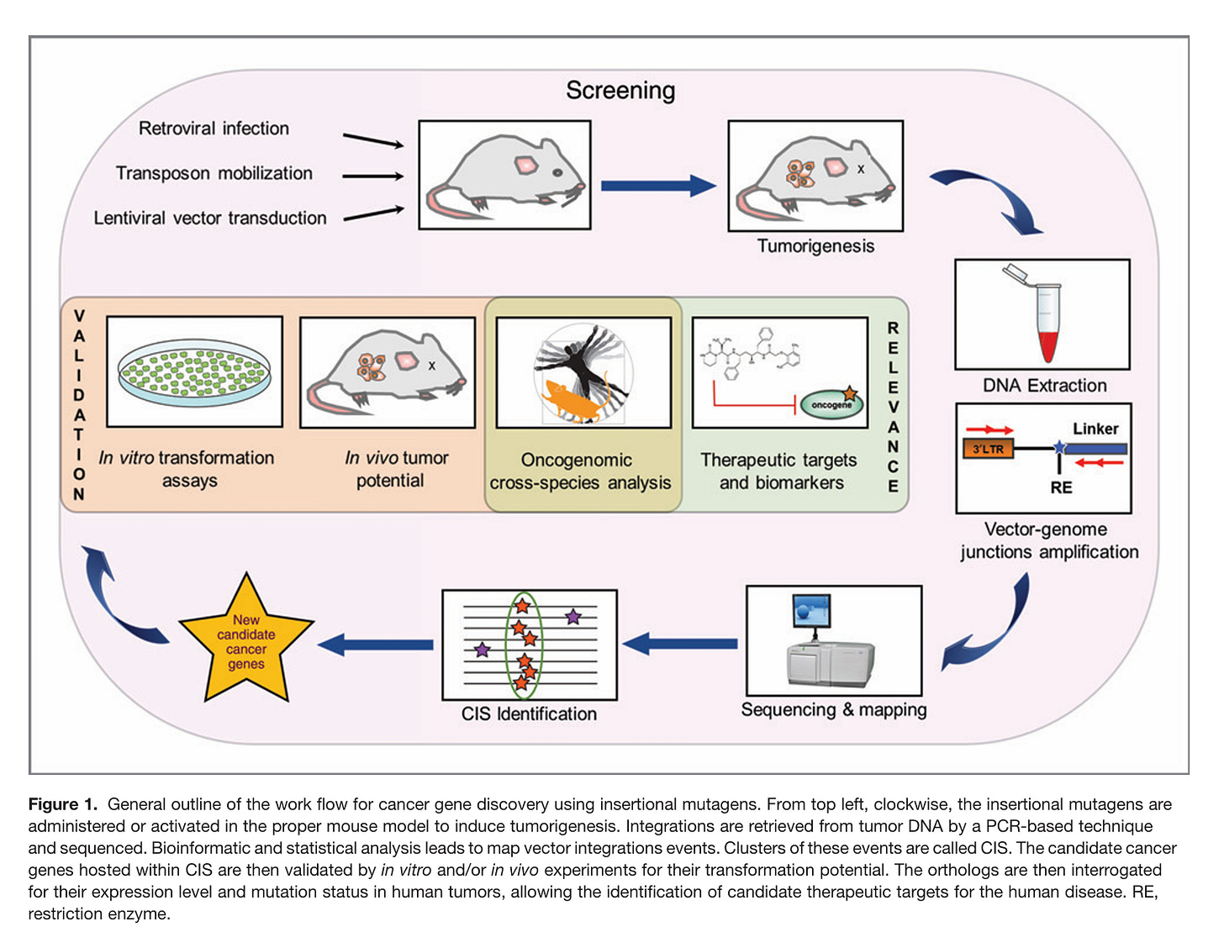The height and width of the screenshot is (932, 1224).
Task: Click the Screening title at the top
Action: click(620, 91)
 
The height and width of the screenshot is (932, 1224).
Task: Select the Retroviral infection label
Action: click(214, 129)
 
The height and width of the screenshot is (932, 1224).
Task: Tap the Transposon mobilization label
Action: click(214, 173)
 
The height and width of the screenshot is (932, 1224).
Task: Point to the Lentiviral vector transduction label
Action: click(210, 219)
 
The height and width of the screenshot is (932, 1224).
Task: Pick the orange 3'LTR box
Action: click(989, 449)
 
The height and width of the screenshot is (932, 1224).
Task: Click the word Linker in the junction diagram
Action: click(1095, 429)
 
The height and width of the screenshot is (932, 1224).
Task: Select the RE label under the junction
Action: click(1061, 487)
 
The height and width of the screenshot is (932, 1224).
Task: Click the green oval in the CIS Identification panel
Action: click(524, 643)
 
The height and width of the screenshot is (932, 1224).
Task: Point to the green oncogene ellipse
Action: click(831, 404)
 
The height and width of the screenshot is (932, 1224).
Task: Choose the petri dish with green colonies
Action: click(195, 372)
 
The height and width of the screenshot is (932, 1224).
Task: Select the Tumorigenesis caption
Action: click(815, 246)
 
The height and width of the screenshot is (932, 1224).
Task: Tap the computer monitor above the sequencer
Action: click(811, 611)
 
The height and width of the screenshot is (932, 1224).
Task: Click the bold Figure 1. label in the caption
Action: click(63, 804)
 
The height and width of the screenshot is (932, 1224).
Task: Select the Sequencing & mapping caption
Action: click(833, 710)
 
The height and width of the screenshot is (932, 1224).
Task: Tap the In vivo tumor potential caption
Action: click(396, 469)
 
